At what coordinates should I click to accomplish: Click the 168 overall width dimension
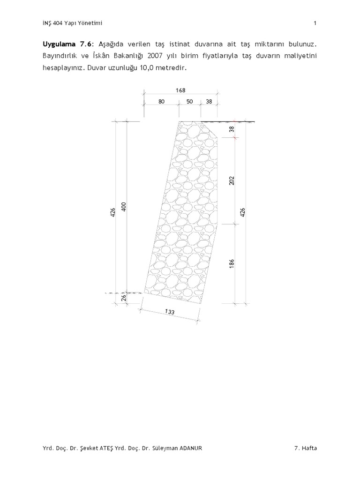click(180, 90)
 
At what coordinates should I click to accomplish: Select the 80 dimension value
click(162, 101)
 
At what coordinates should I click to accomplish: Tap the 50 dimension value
click(190, 101)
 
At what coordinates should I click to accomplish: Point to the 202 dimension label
click(232, 180)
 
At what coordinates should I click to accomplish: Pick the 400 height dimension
click(124, 206)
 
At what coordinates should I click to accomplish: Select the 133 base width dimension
click(170, 312)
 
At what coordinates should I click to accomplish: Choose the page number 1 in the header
click(315, 22)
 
